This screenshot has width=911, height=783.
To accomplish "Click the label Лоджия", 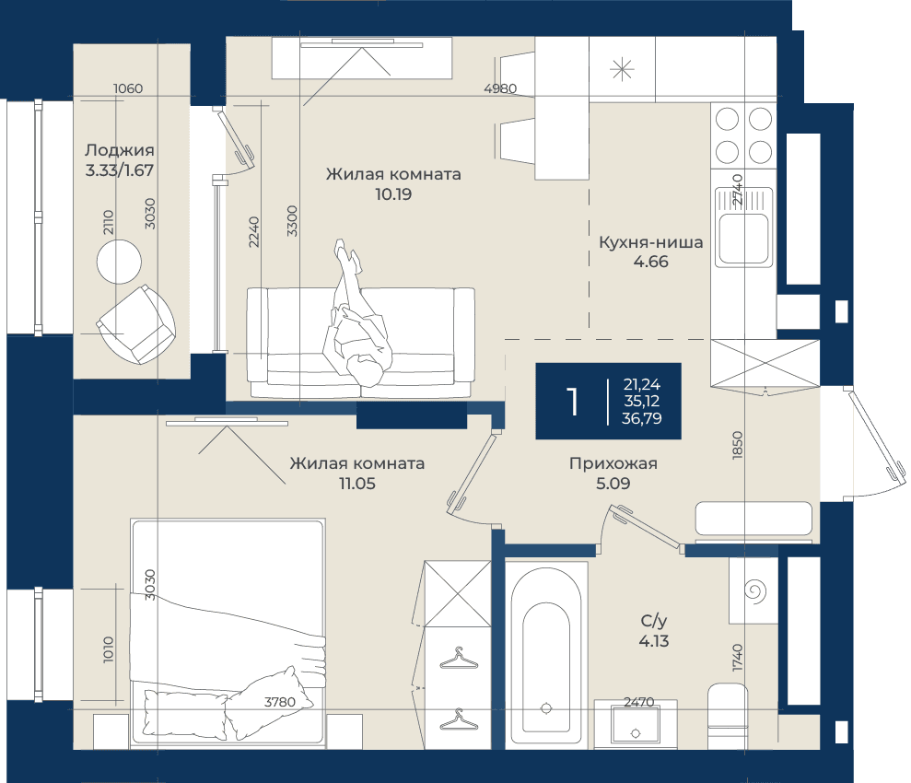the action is pos(119,150).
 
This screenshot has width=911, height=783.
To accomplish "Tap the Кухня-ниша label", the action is pos(650,241).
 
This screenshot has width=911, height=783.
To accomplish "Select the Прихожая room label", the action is pos(613,463).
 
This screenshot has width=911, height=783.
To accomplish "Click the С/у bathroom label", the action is pos(654,621).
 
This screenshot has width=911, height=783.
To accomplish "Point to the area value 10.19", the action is pos(393,194).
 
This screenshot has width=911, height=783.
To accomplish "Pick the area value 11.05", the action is pos(357,484).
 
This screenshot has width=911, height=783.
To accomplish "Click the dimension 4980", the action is pos(500,88).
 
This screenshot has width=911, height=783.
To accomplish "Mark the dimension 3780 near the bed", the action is pos(280,702).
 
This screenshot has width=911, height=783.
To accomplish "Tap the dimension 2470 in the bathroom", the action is pos(639,702).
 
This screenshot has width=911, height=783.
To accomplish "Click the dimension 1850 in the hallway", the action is pos(737,445).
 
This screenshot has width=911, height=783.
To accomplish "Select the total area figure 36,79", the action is pos(641,418).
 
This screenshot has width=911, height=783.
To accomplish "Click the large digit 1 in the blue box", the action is pos(574,402).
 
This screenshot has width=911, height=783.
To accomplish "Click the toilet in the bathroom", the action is pos(728,716).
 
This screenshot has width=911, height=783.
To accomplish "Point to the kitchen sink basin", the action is pos(743,239).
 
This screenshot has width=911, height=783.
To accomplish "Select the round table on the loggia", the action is pos(119,262).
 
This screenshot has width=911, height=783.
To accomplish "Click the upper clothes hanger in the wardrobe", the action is pos(459,660).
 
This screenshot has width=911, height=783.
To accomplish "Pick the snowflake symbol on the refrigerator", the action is pos(622,70).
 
